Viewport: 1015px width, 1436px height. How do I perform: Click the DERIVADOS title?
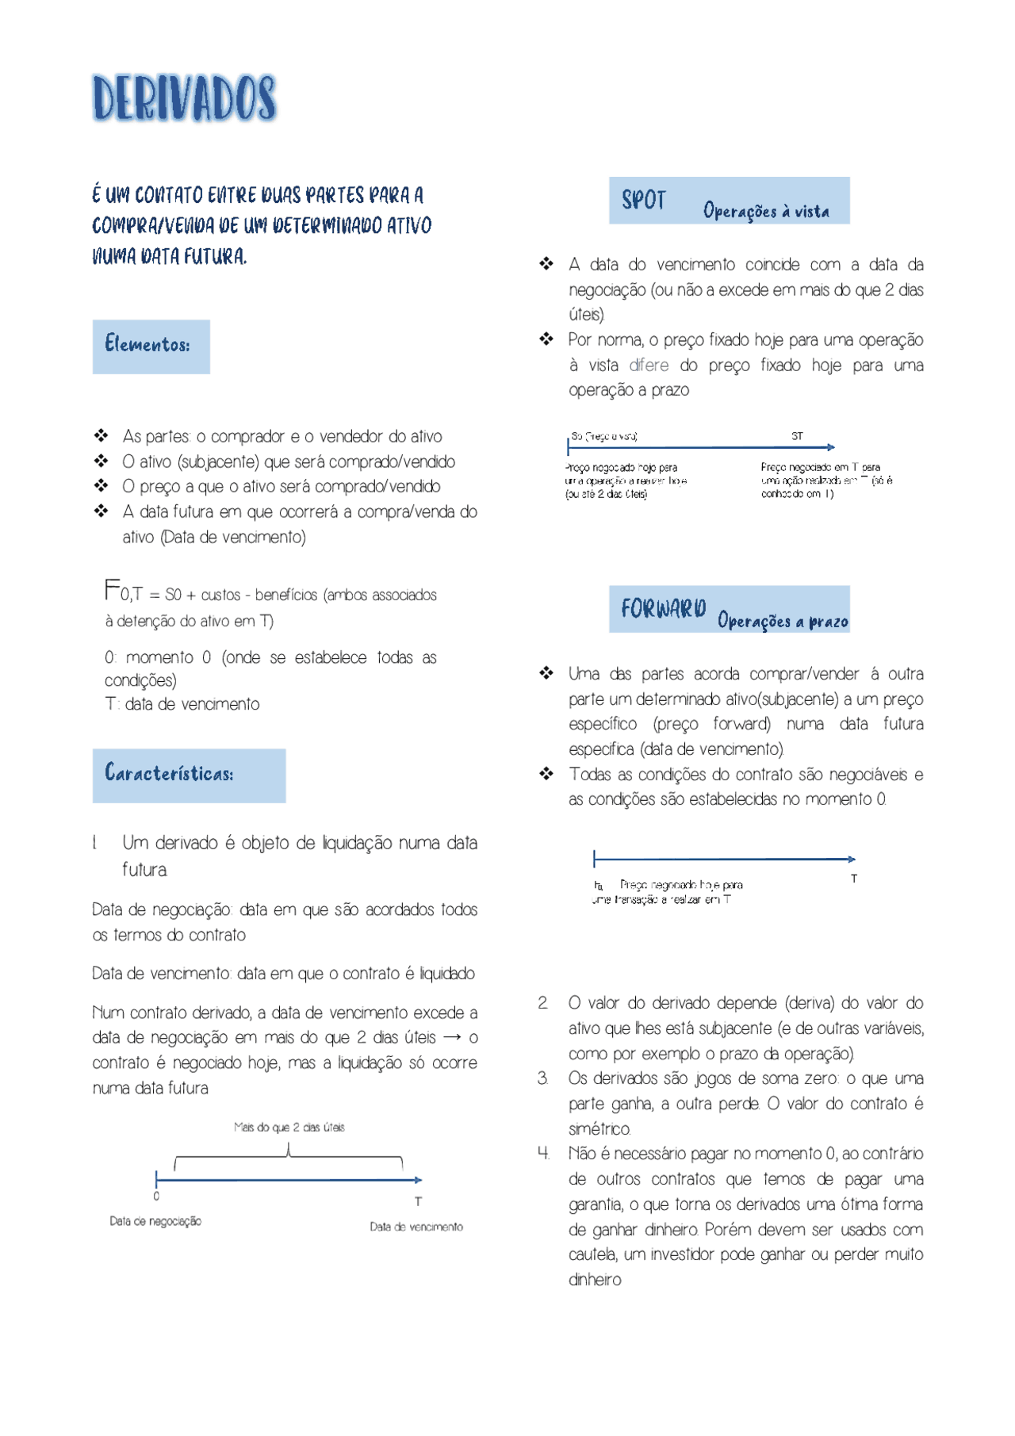184,98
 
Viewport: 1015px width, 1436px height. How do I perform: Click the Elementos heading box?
151,347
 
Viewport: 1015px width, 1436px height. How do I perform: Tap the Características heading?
188,775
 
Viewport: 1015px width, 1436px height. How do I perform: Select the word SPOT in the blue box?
643,201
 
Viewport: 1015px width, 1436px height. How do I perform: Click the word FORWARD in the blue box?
663,609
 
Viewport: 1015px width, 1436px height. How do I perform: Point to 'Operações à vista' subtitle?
765,211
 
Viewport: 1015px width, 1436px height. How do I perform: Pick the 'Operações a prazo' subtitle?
782,621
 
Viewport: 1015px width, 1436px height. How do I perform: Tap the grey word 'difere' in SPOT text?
649,365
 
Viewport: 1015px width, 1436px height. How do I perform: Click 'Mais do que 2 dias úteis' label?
289,1127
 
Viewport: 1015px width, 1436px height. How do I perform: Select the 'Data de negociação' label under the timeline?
155,1221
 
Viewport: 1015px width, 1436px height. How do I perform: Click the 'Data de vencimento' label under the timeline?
416,1227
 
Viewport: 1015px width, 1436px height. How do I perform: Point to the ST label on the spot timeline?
797,436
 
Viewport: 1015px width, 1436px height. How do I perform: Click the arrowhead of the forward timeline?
852,859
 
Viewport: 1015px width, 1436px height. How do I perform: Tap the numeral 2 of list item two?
542,1003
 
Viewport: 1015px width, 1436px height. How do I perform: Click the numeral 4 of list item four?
543,1154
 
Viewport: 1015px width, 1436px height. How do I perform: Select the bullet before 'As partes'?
101,435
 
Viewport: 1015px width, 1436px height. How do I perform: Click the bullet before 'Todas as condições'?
546,774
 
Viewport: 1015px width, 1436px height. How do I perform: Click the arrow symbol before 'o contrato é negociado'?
452,1037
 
